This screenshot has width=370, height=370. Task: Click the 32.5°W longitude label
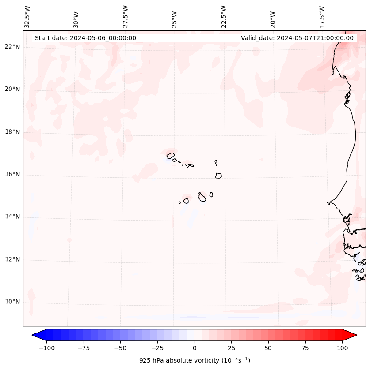tap(27, 16)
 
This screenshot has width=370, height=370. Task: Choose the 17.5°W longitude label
tap(322, 16)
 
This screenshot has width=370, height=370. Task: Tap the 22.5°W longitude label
tap(224, 16)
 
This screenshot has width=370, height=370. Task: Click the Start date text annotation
tap(85, 38)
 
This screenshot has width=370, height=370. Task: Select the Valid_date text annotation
tap(297, 38)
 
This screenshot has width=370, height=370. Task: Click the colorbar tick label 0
tap(195, 348)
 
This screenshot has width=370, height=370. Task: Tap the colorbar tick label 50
tap(268, 348)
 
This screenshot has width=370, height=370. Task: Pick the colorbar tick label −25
tap(157, 348)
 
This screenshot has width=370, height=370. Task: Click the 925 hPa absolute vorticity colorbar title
tap(195, 360)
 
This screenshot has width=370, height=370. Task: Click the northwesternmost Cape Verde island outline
tap(171, 155)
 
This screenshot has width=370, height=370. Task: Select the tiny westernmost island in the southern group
tap(179, 202)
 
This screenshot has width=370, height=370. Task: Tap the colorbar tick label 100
tap(342, 348)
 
